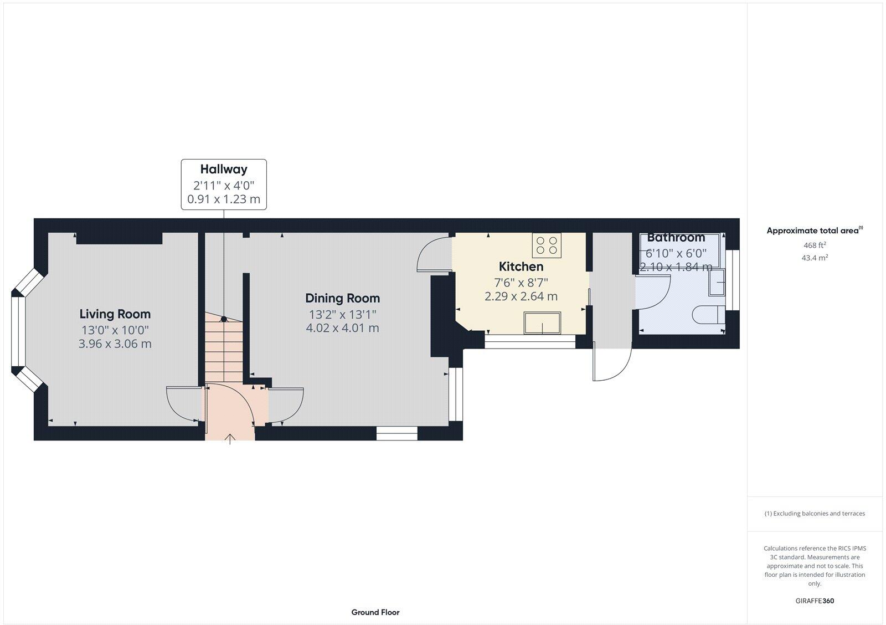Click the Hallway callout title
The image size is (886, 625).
pyautogui.click(x=224, y=170)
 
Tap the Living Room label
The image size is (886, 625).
pyautogui.click(x=115, y=314)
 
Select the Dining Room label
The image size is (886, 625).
pyautogui.click(x=342, y=298)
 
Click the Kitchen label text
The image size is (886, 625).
pyautogui.click(x=521, y=267)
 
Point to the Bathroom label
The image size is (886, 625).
pyautogui.click(x=676, y=238)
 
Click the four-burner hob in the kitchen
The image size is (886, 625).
pyautogui.click(x=547, y=245)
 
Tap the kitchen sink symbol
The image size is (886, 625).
pyautogui.click(x=543, y=323)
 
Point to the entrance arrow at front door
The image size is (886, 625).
pyautogui.click(x=230, y=439)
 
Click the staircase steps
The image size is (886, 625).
pyautogui.click(x=224, y=349)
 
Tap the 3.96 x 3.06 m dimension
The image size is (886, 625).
pyautogui.click(x=115, y=344)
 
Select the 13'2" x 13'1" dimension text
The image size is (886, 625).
pyautogui.click(x=342, y=314)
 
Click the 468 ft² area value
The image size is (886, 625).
pyautogui.click(x=815, y=245)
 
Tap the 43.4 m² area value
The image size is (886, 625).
pyautogui.click(x=815, y=258)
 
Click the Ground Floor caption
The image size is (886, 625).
pyautogui.click(x=375, y=612)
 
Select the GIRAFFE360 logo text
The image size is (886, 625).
pyautogui.click(x=815, y=601)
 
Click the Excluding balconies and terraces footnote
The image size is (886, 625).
pyautogui.click(x=815, y=514)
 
